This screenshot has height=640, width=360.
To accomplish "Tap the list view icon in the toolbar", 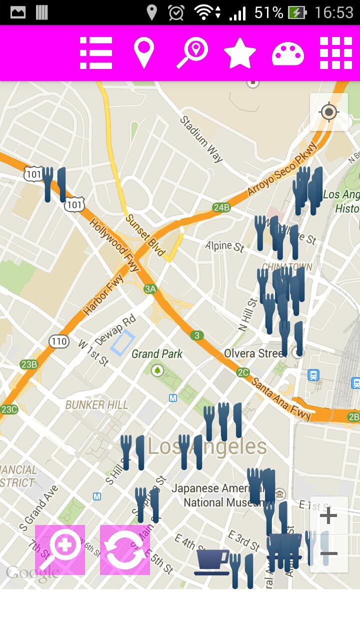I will click(96, 52).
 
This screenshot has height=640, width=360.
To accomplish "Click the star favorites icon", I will click(240, 52).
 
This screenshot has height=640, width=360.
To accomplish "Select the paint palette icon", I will click(287, 53).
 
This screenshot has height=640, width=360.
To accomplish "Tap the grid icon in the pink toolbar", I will click(336, 52).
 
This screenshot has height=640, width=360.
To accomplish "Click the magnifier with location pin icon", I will click(192, 53).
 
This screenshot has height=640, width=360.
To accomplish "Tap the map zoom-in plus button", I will click(328, 515).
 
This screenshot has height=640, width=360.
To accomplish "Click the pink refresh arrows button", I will click(125, 550).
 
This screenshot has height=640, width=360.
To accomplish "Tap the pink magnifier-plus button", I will click(60, 550).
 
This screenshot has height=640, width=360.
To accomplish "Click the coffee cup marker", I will click(212, 561).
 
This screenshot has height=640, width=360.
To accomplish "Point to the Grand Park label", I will click(157, 354).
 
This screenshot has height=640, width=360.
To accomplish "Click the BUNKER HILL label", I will click(96, 404).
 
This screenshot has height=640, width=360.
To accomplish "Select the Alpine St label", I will click(224, 246).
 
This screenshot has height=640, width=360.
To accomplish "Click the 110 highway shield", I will click(58, 342).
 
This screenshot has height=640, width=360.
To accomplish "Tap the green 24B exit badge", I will click(221, 207).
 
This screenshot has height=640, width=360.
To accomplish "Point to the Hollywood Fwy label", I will click(114, 244).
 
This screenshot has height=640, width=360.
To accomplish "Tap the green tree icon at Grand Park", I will click(157, 370).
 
